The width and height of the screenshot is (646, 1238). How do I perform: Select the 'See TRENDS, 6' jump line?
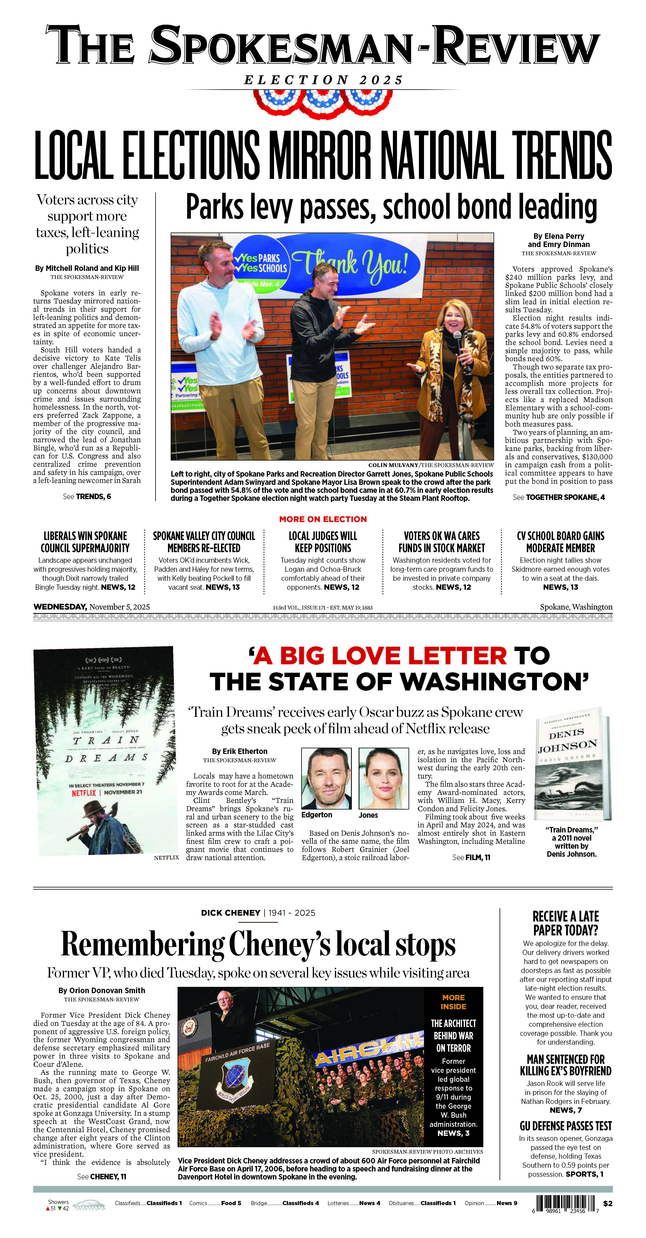tap(87, 496)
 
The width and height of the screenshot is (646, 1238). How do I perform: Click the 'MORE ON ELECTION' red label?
tap(323, 519)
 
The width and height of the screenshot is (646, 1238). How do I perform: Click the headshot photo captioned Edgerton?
tap(326, 778)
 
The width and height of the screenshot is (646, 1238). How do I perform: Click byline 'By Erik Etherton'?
tap(239, 751)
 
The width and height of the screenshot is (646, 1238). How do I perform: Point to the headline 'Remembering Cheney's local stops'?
tap(258, 944)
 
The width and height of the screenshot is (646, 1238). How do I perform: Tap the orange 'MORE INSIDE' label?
tap(453, 1002)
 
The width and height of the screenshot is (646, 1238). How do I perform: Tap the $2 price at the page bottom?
tap(608, 1204)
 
